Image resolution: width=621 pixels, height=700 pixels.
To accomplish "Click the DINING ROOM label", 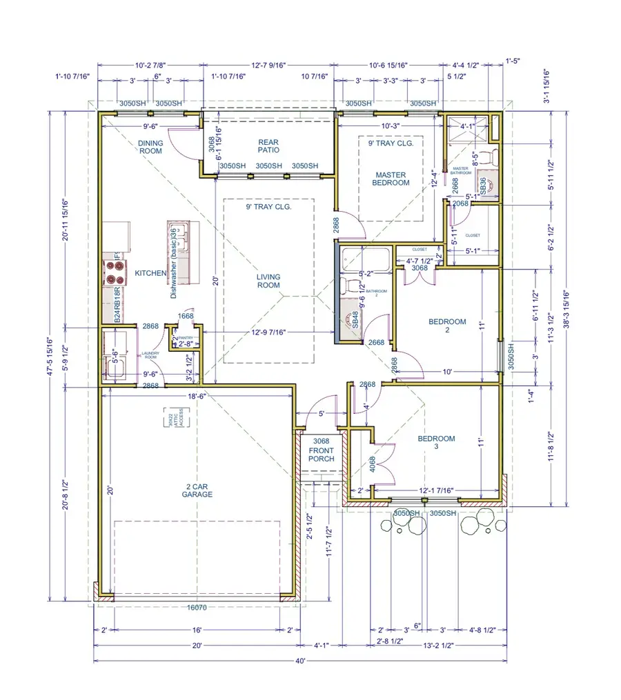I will (x=150, y=147).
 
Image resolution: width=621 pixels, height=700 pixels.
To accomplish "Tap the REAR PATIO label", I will (x=268, y=146).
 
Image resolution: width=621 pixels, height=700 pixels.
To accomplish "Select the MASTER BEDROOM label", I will (x=391, y=179).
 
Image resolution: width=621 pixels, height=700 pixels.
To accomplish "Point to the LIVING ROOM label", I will (x=268, y=281).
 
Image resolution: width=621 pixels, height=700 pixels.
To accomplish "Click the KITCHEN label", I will (x=150, y=274).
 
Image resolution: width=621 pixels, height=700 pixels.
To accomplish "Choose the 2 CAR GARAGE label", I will (x=197, y=490).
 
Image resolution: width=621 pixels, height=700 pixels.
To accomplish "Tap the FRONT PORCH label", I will (x=322, y=454).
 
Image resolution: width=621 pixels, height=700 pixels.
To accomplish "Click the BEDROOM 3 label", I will (x=436, y=443).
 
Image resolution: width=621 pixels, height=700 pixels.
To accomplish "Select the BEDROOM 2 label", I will (x=447, y=326).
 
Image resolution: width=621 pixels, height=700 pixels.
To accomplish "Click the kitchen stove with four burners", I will (x=115, y=274).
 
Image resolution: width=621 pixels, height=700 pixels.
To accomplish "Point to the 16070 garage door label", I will (x=197, y=608).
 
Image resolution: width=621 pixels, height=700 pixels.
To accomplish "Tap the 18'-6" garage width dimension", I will (x=197, y=397).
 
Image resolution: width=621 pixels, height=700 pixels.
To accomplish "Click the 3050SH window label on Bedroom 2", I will (x=511, y=357).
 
